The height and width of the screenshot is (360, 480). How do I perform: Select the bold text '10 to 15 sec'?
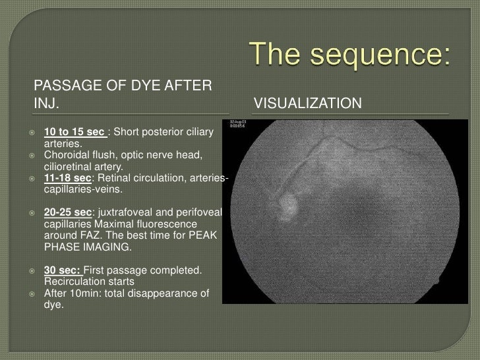[x=75, y=134]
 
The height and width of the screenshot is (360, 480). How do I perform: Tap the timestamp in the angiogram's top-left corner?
[x=239, y=125]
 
